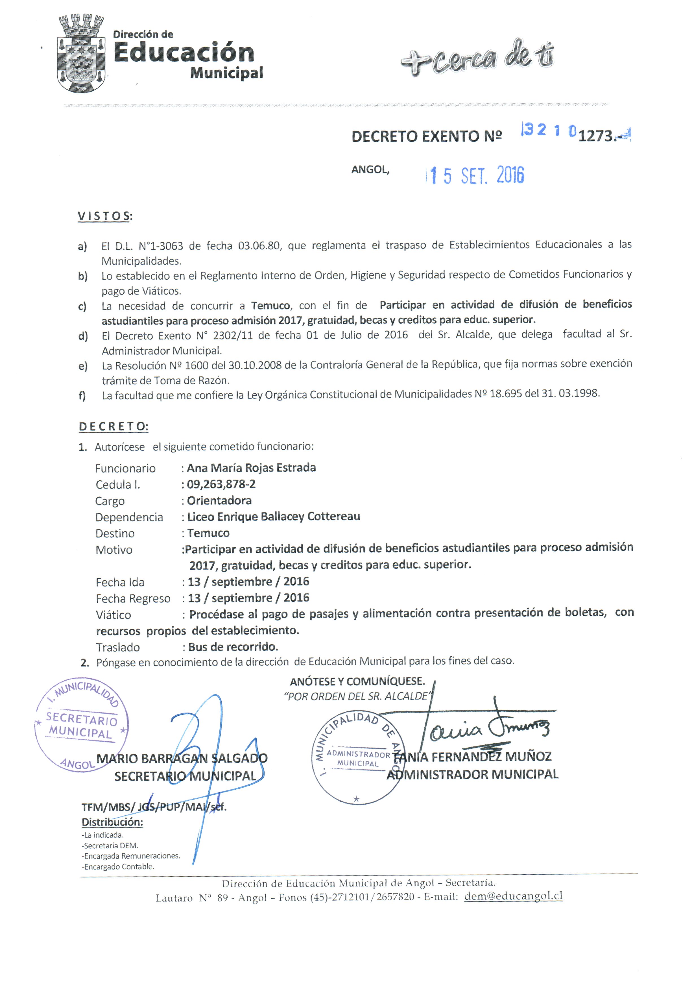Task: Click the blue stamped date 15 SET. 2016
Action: pos(475,175)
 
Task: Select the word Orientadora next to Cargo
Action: pos(219,500)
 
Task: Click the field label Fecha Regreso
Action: pos(133,598)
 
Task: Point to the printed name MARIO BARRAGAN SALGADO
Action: pos(182,758)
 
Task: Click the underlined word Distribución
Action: pos(112,822)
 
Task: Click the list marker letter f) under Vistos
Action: pos(82,395)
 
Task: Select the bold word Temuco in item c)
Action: pos(270,305)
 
